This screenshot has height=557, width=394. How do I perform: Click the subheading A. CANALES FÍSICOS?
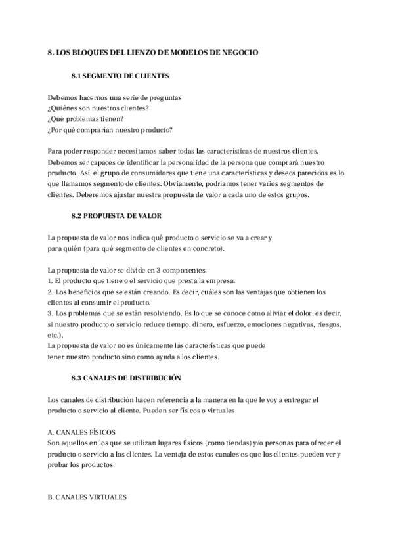coord(82,433)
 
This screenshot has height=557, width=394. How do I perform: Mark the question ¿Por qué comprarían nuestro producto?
coord(110,130)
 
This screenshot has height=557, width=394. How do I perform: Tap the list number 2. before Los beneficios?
coord(51,292)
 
